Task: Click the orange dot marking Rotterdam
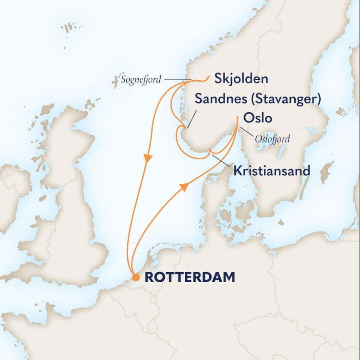point(136,277)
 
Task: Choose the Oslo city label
point(258,118)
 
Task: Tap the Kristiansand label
point(272,170)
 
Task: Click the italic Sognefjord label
point(141,80)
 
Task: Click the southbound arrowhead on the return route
point(149,157)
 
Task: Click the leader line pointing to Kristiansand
point(221,161)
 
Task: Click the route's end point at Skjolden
point(207,77)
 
